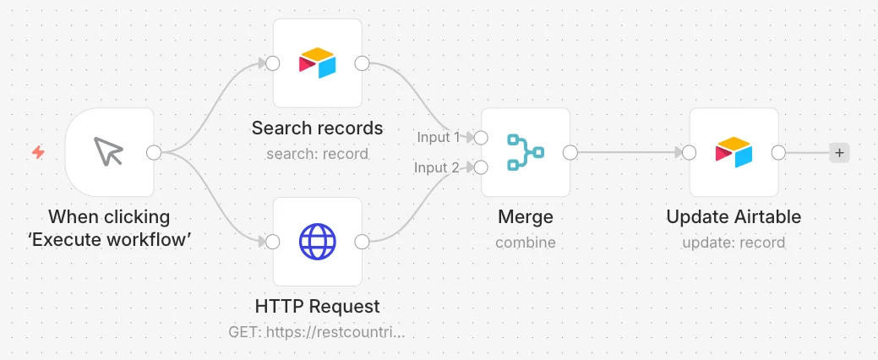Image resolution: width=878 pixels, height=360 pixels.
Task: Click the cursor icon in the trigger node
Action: point(108,151)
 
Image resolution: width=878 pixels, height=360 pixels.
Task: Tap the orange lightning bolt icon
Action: point(38,152)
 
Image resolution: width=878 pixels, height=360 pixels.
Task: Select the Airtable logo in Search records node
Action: point(317,63)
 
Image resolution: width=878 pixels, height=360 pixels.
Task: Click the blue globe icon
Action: point(318,242)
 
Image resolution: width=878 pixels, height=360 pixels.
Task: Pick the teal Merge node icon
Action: point(526,152)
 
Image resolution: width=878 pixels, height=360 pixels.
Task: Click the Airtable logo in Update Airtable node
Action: point(733,152)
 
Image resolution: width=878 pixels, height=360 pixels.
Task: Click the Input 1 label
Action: point(438,137)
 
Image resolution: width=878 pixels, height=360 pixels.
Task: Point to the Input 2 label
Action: point(437,166)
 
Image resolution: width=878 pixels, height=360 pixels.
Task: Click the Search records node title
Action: point(317,128)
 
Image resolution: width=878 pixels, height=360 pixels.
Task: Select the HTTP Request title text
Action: point(318,306)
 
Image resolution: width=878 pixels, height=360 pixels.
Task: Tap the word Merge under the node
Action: point(526,216)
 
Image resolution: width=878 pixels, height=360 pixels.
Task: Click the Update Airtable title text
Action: point(733,216)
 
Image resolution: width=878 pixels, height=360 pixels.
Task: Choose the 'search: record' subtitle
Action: point(317,154)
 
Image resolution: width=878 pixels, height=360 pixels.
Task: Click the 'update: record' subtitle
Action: point(733,243)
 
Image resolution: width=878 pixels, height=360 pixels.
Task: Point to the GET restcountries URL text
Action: point(316,332)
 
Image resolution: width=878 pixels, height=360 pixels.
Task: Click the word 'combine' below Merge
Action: point(526,243)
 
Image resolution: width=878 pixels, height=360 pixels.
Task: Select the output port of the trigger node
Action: point(154,152)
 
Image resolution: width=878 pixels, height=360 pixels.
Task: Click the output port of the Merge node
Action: point(570,152)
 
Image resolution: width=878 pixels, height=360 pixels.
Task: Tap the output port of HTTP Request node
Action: point(363,242)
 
